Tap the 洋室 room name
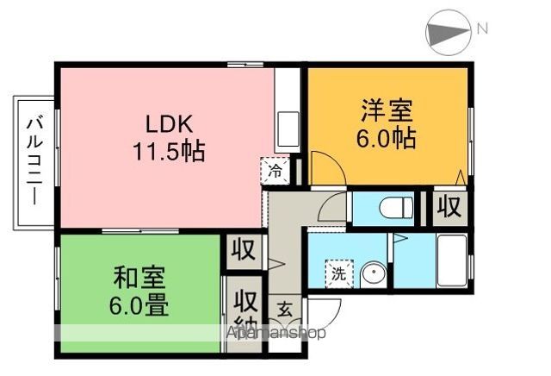tap(387, 110)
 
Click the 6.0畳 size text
tap(138, 305)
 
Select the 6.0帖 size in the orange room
tap(387, 138)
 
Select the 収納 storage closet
tap(245, 312)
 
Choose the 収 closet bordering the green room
tap(244, 251)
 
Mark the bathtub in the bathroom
tap(453, 260)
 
